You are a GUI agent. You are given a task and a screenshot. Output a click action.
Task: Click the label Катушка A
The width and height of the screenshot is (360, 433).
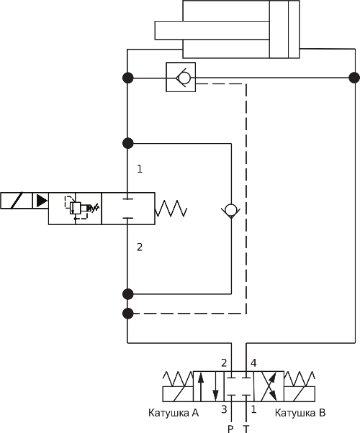[174, 413]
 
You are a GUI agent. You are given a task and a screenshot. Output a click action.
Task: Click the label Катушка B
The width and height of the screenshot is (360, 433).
[300, 413]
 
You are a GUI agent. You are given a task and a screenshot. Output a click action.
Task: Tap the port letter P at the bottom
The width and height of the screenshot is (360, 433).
[230, 429]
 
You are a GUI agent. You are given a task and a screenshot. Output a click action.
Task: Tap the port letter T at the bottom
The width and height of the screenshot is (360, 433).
[246, 429]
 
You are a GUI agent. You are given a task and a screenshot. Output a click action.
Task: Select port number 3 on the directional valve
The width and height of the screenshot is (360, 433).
[224, 409]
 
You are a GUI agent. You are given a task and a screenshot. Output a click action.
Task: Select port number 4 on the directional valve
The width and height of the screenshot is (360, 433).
[253, 363]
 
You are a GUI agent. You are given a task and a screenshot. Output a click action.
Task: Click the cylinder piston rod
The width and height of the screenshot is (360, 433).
[212, 30]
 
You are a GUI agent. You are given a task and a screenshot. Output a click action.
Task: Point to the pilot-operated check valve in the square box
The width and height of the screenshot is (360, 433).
[181, 77]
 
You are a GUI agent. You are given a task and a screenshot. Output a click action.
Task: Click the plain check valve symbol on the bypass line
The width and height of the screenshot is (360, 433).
[230, 211]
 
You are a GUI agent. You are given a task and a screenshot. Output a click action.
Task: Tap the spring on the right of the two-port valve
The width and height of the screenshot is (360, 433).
[171, 208]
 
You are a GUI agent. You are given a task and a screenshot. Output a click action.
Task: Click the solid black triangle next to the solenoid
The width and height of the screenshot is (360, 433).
[42, 200]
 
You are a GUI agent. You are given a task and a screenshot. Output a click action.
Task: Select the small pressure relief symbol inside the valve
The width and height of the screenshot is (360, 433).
[79, 207]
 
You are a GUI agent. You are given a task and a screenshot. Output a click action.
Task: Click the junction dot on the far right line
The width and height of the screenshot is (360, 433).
[354, 78]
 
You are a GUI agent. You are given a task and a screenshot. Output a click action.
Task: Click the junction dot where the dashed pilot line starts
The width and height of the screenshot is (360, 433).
[127, 314]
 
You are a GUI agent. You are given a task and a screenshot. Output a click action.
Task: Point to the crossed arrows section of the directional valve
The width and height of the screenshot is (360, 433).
[269, 386]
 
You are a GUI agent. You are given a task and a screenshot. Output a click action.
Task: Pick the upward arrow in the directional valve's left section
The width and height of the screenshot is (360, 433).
[201, 387]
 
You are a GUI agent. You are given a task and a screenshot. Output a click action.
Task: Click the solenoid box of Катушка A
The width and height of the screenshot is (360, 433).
[178, 394]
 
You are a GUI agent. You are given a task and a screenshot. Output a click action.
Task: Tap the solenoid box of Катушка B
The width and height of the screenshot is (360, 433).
[300, 394]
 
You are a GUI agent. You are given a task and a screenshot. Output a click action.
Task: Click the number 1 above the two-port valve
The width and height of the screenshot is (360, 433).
[140, 169]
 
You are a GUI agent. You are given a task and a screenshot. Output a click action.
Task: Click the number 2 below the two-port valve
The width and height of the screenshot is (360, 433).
[140, 247]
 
